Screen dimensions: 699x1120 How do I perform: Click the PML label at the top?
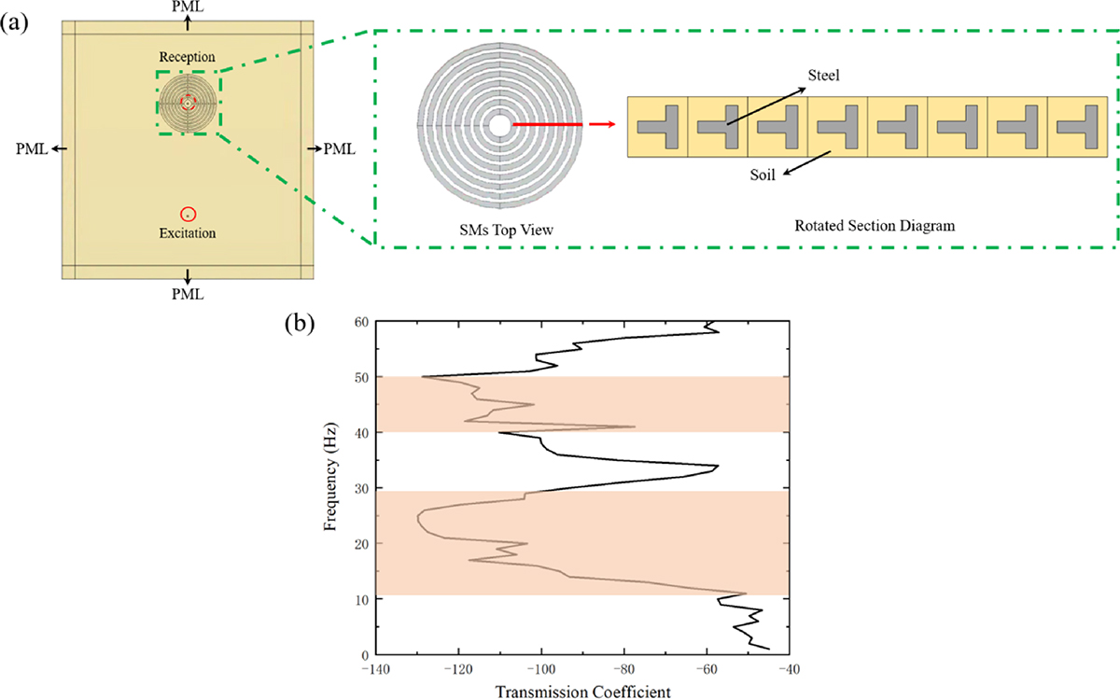click(189, 7)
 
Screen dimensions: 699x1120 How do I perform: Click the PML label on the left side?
click(33, 148)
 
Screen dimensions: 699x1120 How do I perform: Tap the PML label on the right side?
click(340, 148)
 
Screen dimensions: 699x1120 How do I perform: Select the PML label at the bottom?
click(189, 293)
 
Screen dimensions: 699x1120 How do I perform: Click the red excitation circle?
click(189, 214)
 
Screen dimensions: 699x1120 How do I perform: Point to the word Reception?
click(188, 58)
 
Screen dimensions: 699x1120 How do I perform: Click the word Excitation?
click(188, 232)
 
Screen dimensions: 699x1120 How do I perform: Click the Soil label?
click(764, 175)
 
